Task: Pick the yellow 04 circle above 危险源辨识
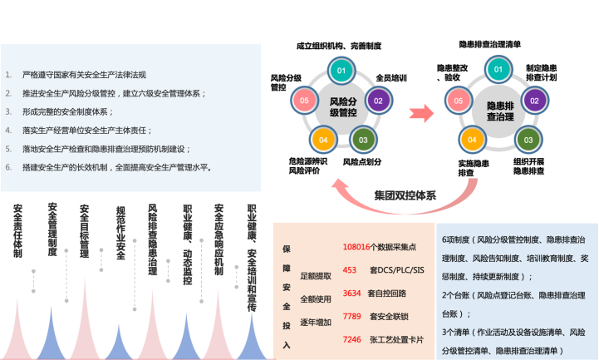[322, 139]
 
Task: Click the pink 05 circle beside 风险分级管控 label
[304, 100]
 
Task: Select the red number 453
[350, 270]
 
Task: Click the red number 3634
[352, 293]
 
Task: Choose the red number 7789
[352, 316]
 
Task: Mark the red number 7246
[352, 339]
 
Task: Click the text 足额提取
[314, 275]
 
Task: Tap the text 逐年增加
[314, 319]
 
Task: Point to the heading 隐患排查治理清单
[490, 43]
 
